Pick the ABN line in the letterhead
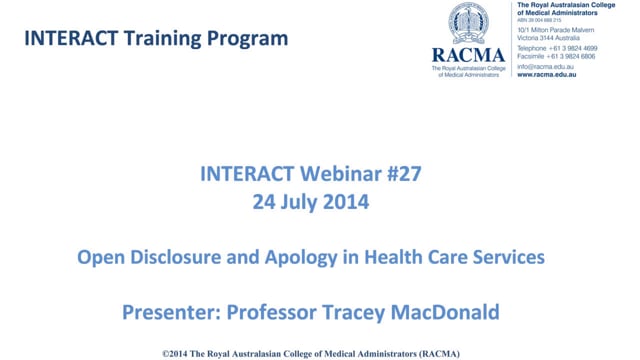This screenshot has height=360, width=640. coord(540,20)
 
